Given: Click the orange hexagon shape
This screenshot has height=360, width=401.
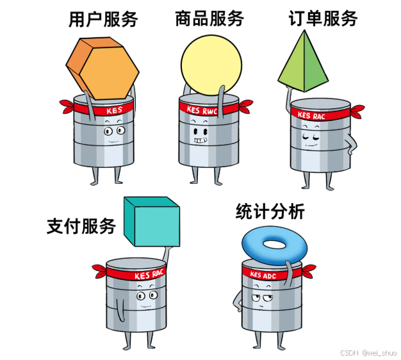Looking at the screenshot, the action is click(103, 67).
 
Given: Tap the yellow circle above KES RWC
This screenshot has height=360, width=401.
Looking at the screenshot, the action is click(211, 64).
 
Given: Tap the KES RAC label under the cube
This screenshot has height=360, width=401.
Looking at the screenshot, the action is click(150, 275).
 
